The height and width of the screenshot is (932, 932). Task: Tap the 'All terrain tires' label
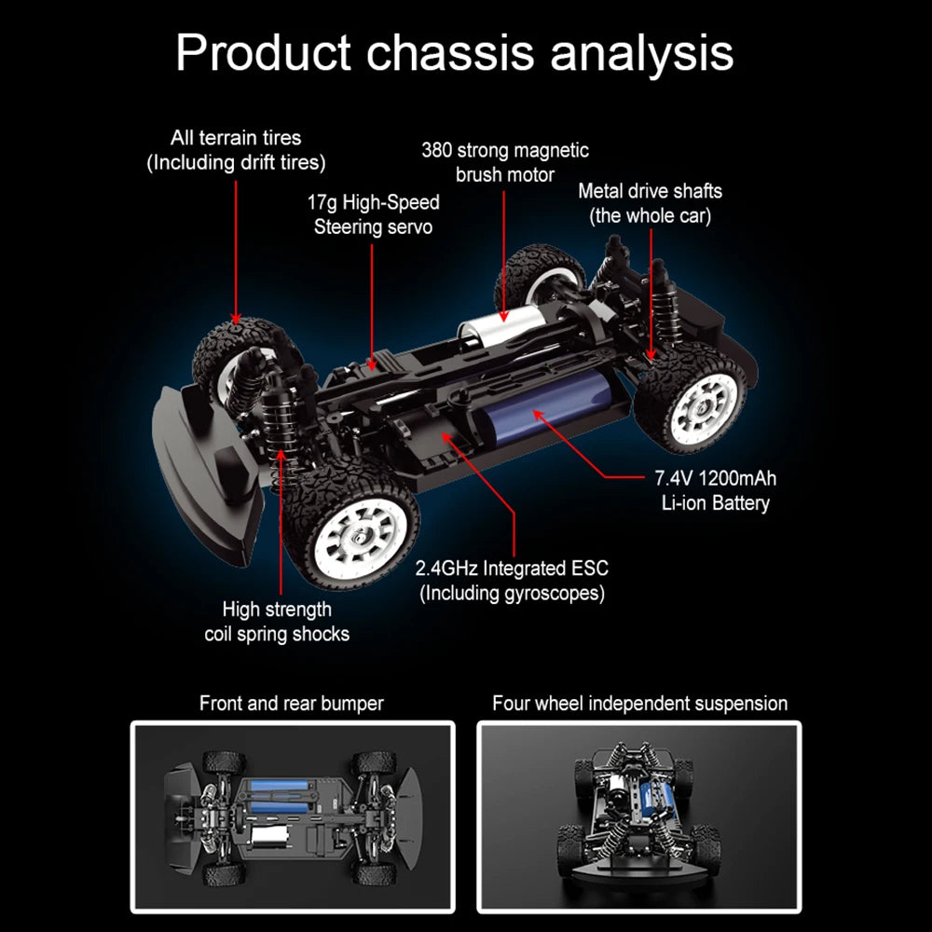click(x=236, y=150)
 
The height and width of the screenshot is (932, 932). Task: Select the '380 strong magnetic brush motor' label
click(x=504, y=162)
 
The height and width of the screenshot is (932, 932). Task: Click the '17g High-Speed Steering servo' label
click(x=373, y=214)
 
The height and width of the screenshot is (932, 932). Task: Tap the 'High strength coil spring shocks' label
click(x=277, y=622)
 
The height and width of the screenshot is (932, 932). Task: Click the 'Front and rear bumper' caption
click(x=292, y=704)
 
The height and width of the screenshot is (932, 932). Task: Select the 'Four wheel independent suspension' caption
click(x=639, y=704)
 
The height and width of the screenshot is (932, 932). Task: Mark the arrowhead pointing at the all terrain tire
click(x=236, y=319)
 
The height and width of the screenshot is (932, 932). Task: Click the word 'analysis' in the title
click(x=641, y=53)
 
